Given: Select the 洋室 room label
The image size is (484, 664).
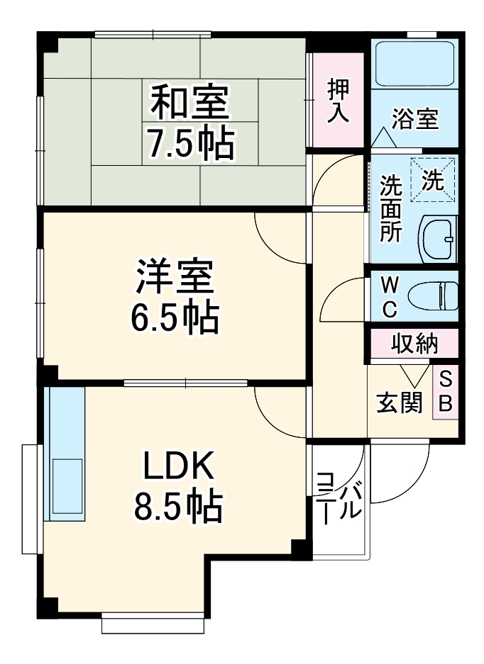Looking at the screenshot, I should (x=174, y=279).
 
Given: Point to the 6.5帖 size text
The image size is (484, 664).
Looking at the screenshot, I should (x=174, y=318).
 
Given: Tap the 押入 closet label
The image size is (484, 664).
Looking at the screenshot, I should (x=338, y=101).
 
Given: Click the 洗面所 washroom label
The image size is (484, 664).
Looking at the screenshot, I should (x=390, y=209).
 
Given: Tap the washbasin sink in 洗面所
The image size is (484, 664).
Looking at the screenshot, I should (x=439, y=239).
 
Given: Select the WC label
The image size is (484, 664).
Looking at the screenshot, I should (x=390, y=296).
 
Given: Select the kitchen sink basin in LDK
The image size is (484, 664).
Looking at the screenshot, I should (x=65, y=489).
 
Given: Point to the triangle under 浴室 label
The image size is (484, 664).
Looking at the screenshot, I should (x=383, y=138).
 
